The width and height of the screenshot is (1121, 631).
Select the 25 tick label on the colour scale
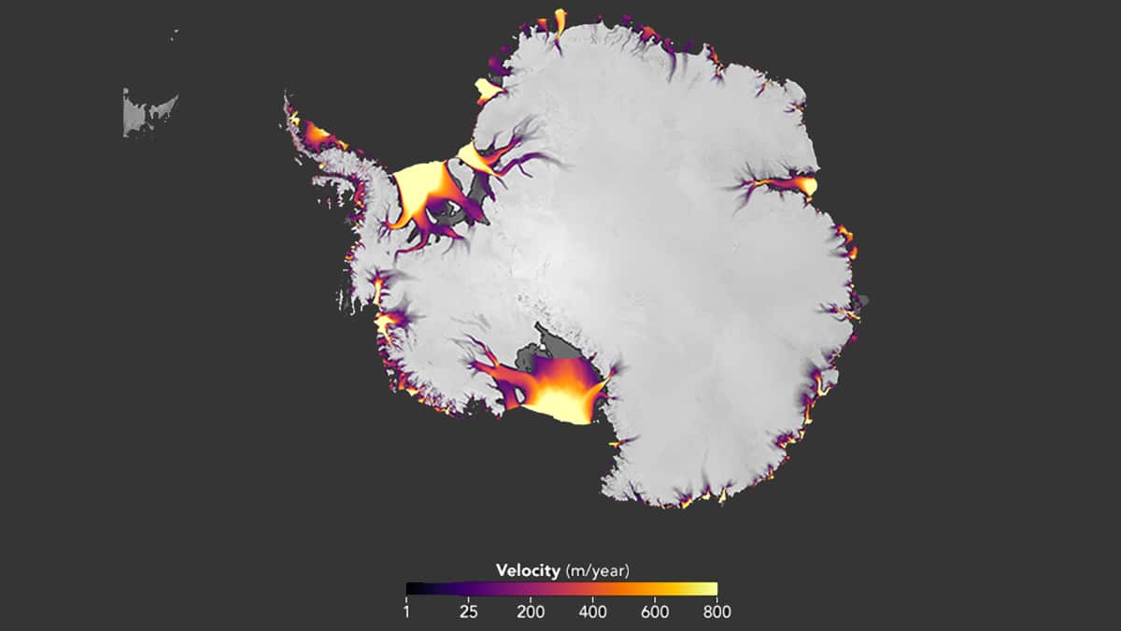click(469, 612)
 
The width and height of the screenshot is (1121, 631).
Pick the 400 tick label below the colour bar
click(593, 612)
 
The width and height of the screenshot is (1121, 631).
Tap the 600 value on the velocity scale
click(655, 612)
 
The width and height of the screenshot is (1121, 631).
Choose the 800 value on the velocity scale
click(716, 612)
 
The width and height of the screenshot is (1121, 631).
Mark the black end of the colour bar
click(411, 589)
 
